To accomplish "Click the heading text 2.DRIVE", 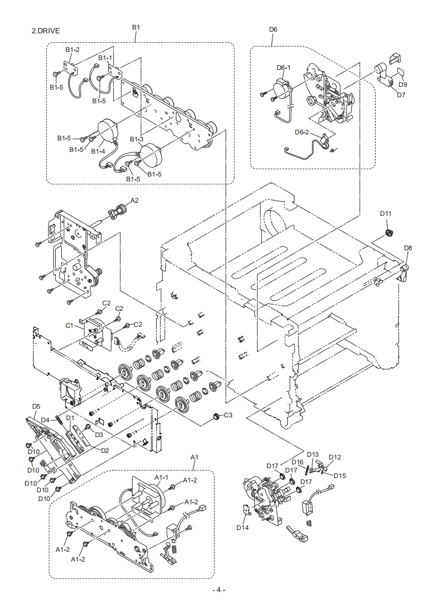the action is tap(46, 31).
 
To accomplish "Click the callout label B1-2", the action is tap(72, 50).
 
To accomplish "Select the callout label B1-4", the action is tap(98, 151).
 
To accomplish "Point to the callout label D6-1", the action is tap(284, 68).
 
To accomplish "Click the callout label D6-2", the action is tap(302, 132).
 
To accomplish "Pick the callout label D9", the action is tap(403, 85).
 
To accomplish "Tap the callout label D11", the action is tap(385, 214).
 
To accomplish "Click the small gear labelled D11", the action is tap(389, 233).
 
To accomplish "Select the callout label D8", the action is tap(408, 248).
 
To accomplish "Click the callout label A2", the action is tap(134, 200).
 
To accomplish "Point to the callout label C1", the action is tap(69, 325).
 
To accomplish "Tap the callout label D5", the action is tap(36, 406).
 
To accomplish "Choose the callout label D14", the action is tap(242, 527).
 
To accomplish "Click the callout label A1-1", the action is tap(162, 478).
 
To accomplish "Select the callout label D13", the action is tap(313, 454).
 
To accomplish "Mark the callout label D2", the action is tap(105, 450).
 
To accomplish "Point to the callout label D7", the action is tap(401, 95).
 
